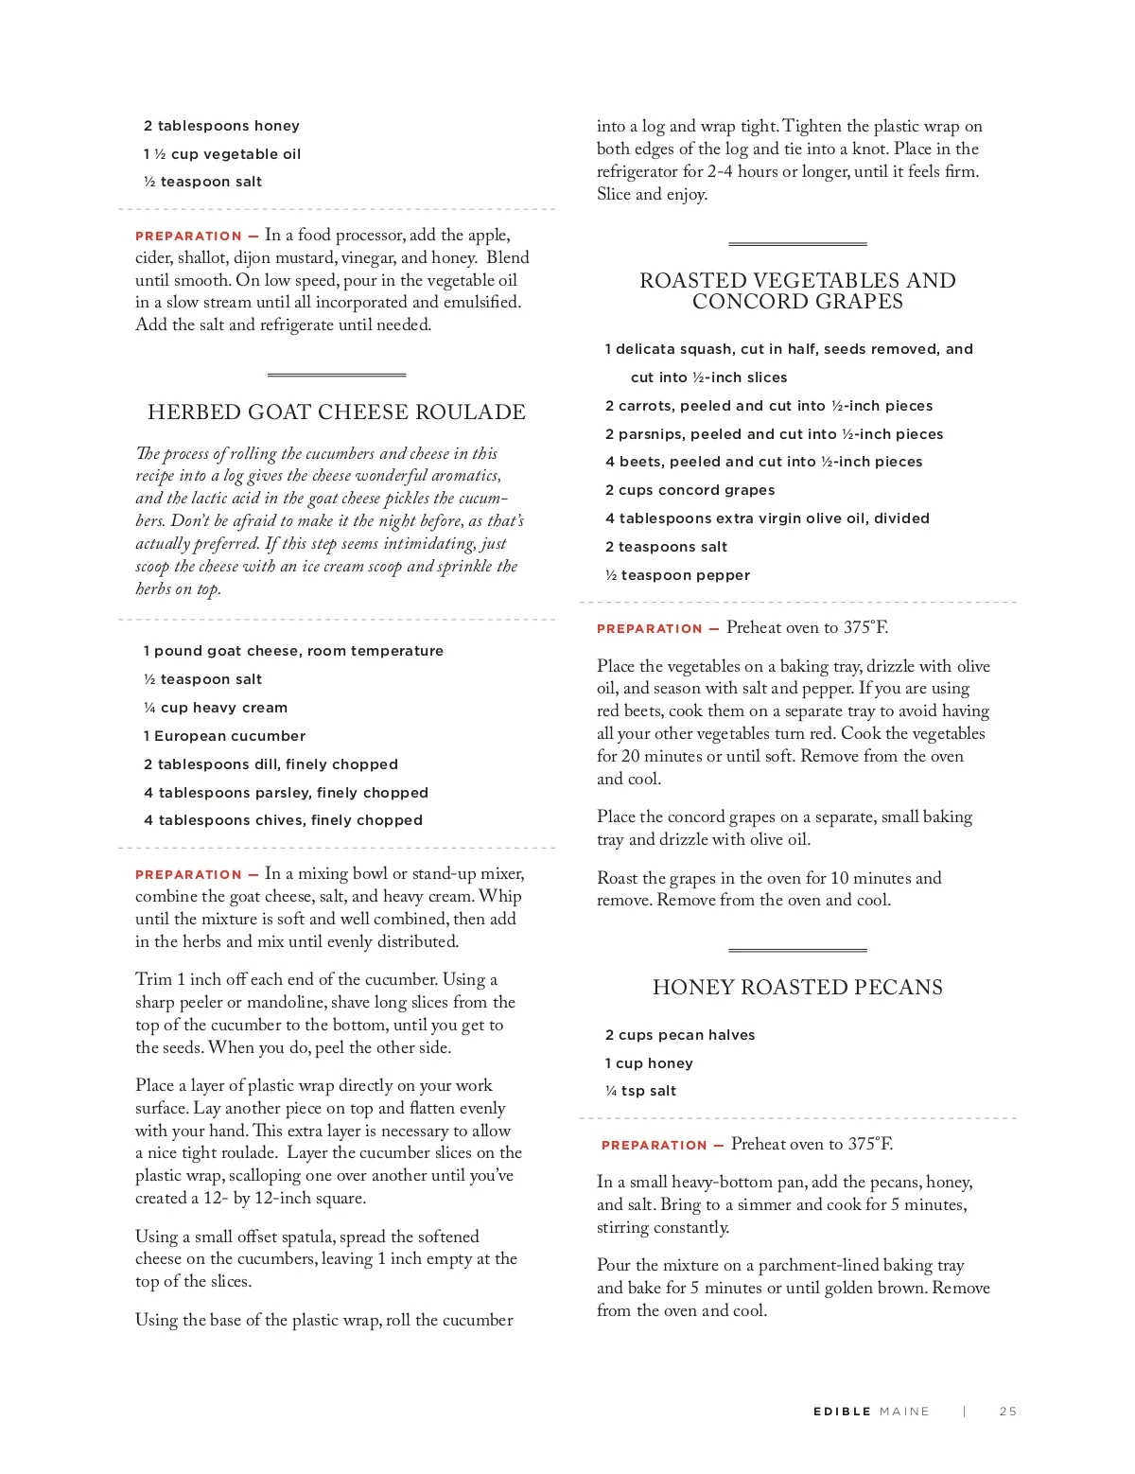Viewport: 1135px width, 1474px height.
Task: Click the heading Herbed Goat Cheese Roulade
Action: point(336,412)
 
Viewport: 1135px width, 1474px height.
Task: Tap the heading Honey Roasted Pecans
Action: point(797,988)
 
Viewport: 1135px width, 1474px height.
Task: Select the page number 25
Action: point(1008,1412)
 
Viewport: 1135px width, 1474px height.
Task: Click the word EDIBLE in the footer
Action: point(842,1412)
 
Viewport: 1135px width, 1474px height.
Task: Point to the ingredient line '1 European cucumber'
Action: point(224,736)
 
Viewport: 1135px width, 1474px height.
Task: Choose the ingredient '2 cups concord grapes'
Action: point(690,490)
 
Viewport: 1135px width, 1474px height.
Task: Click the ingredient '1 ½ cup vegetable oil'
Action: point(222,154)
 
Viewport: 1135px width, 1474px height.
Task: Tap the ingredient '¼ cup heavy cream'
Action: point(216,708)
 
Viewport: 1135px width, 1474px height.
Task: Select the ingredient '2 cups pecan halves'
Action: point(680,1035)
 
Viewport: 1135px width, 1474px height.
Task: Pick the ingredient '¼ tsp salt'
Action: point(640,1091)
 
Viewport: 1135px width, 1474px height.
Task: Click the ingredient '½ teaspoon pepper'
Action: point(677,575)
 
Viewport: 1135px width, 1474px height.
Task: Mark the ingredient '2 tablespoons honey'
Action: point(221,126)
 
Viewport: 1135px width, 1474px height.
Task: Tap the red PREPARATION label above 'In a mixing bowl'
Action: point(189,875)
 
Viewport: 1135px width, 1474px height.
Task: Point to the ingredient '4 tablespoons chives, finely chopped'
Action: point(283,820)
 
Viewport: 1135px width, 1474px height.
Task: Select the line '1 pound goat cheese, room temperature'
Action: point(293,651)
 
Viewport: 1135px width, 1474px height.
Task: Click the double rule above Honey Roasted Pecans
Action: point(797,949)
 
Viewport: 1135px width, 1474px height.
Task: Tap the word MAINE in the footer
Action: point(904,1412)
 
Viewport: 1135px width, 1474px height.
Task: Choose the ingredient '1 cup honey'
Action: point(649,1063)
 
